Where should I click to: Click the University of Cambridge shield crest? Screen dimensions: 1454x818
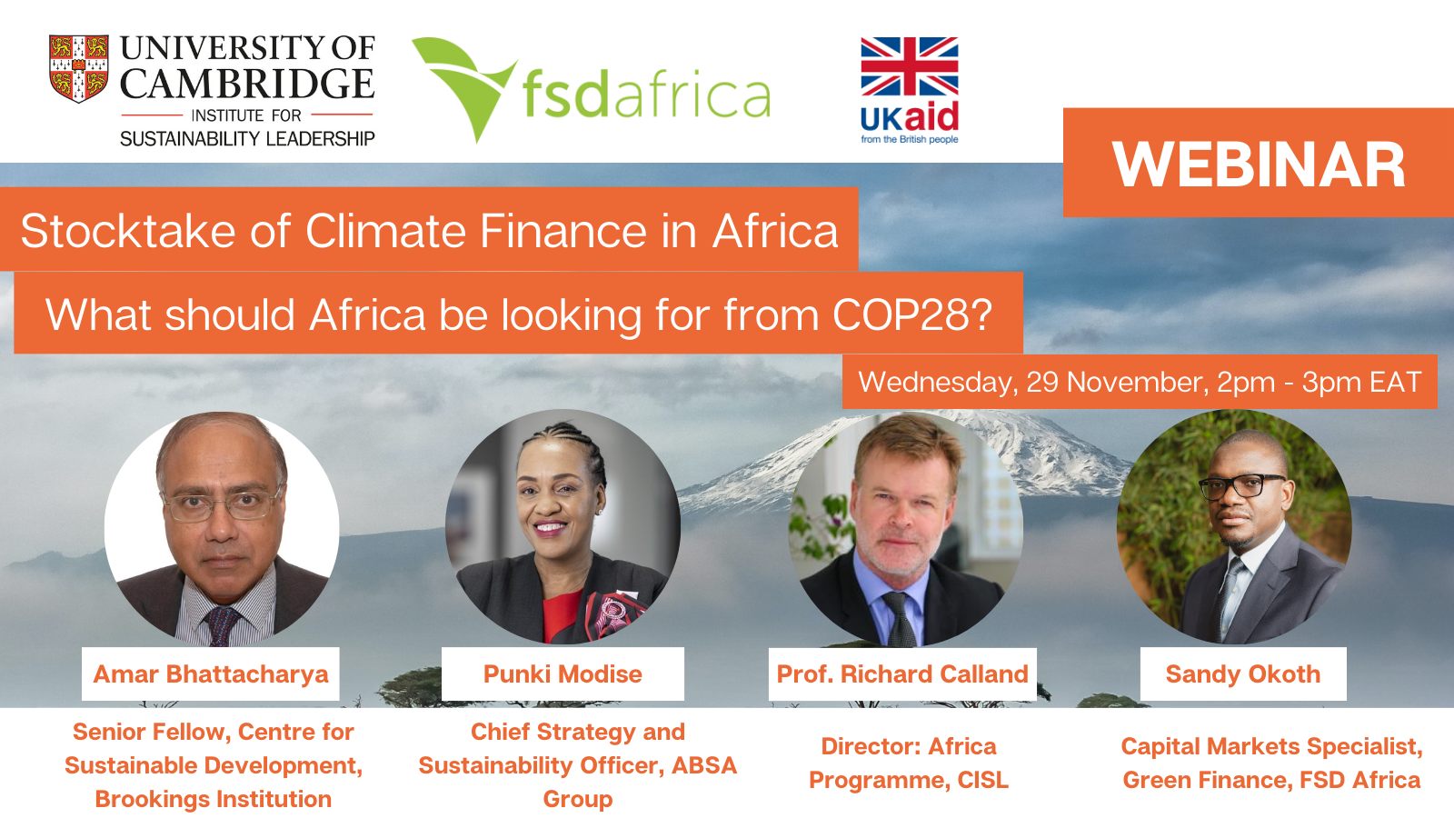78,69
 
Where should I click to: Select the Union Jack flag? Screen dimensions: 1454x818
910,66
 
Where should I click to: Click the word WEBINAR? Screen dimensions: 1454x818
1259,165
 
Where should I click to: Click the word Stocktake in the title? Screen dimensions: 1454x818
128,231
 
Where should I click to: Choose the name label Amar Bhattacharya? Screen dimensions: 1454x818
211,673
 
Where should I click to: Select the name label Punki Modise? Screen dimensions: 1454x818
563,673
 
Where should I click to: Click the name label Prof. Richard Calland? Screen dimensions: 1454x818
902,673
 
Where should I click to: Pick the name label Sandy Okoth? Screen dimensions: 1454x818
1243,673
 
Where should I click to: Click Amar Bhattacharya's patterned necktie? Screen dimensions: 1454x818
221,626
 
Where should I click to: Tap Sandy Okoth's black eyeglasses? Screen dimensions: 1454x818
1241,486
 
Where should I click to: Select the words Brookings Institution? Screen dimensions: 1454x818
213,799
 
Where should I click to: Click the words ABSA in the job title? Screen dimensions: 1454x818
704,765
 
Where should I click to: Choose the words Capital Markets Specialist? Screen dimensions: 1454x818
1271,746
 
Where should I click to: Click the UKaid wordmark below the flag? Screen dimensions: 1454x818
910,117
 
